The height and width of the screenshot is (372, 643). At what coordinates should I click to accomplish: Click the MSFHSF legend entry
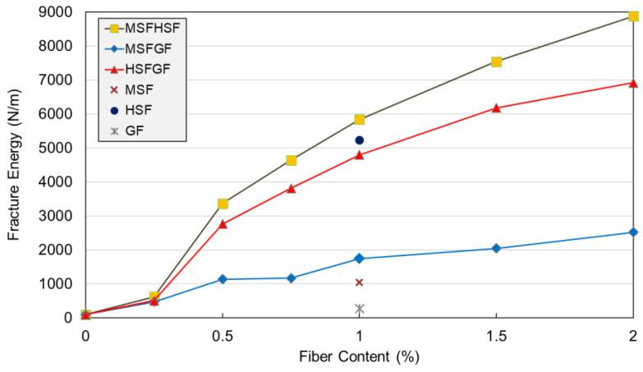tap(148, 27)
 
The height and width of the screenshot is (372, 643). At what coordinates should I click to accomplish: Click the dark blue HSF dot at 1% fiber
tap(359, 140)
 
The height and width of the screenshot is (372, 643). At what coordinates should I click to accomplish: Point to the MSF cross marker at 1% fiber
tap(359, 282)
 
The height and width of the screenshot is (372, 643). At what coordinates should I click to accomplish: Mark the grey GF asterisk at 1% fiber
tap(359, 309)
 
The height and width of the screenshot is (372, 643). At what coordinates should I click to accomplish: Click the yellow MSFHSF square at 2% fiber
tap(633, 16)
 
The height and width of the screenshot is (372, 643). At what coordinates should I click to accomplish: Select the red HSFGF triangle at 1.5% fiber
tap(496, 108)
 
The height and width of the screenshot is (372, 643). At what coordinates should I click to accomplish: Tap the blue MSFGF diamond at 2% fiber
tap(633, 232)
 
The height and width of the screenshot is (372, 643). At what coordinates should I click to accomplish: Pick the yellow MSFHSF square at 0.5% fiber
tap(223, 204)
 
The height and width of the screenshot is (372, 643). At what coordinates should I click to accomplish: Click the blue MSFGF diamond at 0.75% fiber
tap(291, 278)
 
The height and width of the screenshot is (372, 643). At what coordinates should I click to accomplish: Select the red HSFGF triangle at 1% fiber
tap(359, 154)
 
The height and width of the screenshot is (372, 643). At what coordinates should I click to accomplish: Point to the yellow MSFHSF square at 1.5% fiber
tap(496, 62)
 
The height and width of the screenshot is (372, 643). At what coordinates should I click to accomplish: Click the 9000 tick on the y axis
tap(58, 11)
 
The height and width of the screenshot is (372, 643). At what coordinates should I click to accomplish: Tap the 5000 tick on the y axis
tap(58, 148)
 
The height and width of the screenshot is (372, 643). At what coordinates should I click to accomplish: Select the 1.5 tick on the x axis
tap(496, 336)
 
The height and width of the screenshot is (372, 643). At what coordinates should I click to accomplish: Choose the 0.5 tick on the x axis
tap(223, 336)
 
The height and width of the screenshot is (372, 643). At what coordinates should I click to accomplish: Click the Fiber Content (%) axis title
tap(359, 360)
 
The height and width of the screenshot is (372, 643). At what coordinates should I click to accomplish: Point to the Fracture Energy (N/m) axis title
tap(14, 164)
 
